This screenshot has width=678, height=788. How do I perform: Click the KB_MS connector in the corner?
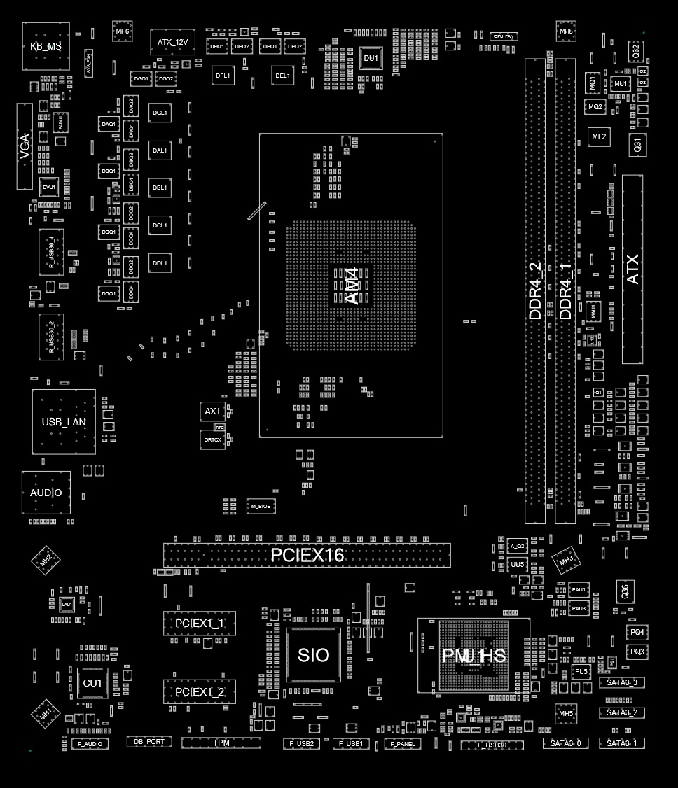tap(46, 46)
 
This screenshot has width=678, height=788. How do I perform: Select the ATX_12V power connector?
tap(172, 42)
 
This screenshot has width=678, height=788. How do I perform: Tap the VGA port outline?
tap(25, 147)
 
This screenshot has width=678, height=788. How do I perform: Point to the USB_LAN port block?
tap(64, 421)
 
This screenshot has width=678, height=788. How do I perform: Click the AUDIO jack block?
tap(46, 493)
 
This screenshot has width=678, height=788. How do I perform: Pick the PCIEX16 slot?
tap(307, 556)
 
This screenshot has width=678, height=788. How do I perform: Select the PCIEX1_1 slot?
tap(200, 623)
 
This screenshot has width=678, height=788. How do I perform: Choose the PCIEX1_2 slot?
tap(200, 691)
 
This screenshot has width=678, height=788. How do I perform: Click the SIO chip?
tap(313, 655)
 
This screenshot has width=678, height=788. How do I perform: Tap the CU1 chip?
tap(92, 682)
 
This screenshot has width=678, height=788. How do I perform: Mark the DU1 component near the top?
tap(371, 58)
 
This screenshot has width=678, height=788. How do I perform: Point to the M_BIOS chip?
tap(261, 505)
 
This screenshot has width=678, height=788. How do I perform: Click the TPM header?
tap(221, 743)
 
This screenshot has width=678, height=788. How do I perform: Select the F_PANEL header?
tap(403, 743)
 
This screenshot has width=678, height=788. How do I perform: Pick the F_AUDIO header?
tap(90, 744)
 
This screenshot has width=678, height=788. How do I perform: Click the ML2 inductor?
tap(599, 136)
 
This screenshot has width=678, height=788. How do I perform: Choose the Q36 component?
tap(625, 591)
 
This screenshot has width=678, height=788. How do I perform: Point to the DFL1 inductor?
tap(223, 75)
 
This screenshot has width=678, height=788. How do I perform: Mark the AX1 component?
tap(212, 411)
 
